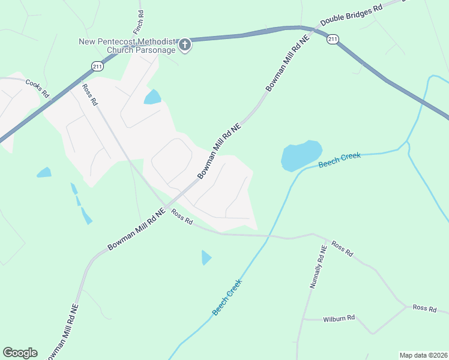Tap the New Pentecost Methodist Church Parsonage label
point(127,46)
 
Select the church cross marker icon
point(185,44)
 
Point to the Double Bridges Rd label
point(351,16)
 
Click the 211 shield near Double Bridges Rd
point(333,40)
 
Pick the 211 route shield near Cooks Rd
point(97,65)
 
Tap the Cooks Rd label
point(37,88)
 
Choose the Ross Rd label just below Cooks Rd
point(89,94)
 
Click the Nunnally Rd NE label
point(318,266)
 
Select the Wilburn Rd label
point(339,318)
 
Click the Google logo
point(20,353)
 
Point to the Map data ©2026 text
point(423,355)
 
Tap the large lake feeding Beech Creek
point(301,155)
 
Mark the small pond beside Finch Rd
point(152,97)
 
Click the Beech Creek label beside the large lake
point(340,160)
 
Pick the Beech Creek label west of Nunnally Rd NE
point(228,298)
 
